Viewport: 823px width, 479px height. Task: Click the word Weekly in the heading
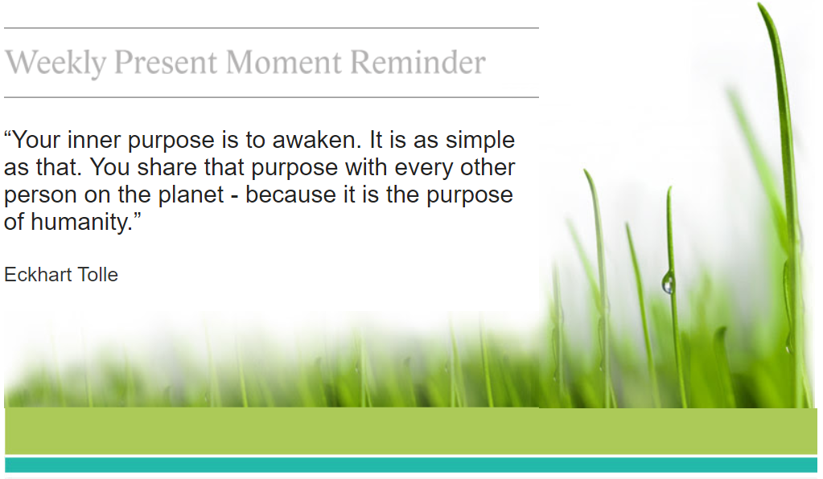(56, 63)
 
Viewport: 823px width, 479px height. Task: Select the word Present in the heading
(166, 63)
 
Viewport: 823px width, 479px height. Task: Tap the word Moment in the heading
(283, 63)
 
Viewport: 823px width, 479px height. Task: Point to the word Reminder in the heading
(418, 63)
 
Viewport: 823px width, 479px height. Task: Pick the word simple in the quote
(479, 140)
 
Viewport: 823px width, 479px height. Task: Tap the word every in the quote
(424, 168)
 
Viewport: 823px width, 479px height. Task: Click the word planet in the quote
(191, 195)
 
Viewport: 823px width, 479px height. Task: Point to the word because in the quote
(290, 194)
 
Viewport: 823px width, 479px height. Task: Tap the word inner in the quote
(93, 140)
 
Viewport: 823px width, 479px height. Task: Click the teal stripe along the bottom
(411, 465)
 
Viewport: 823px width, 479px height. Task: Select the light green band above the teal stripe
(411, 431)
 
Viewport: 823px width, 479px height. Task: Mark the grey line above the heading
(271, 28)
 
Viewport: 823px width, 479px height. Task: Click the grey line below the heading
(271, 97)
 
